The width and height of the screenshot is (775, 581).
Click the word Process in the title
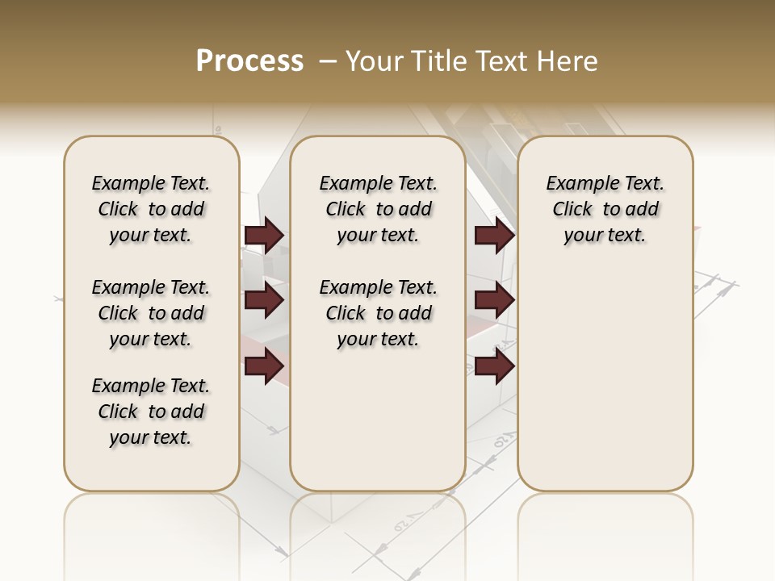pyautogui.click(x=249, y=61)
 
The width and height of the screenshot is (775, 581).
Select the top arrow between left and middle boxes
pyautogui.click(x=264, y=236)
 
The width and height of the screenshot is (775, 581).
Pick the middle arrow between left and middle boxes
pyautogui.click(x=264, y=300)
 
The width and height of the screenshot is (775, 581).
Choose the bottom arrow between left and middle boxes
pyautogui.click(x=264, y=366)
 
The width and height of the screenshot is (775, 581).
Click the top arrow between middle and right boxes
pyautogui.click(x=495, y=236)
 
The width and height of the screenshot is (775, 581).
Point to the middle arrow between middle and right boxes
pyautogui.click(x=495, y=300)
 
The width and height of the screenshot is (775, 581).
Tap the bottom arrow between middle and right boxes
pyautogui.click(x=495, y=366)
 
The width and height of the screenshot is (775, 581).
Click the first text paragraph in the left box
pyautogui.click(x=151, y=209)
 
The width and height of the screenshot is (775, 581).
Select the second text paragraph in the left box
pyautogui.click(x=151, y=313)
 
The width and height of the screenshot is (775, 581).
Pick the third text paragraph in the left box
pyautogui.click(x=151, y=412)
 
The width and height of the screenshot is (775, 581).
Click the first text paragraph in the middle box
pyautogui.click(x=378, y=209)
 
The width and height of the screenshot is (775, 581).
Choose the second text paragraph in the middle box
pyautogui.click(x=378, y=313)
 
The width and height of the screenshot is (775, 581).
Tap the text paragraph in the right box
pyautogui.click(x=605, y=209)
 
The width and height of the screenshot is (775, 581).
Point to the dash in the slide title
pyautogui.click(x=327, y=61)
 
